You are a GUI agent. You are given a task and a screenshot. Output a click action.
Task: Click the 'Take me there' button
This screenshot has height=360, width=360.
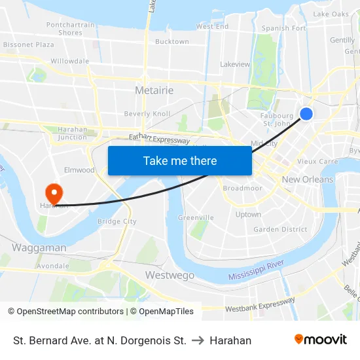click(x=180, y=160)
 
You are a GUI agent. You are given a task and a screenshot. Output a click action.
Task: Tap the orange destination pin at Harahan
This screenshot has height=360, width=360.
click(x=53, y=193)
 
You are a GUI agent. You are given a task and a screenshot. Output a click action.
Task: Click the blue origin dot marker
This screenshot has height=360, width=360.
click(x=306, y=114)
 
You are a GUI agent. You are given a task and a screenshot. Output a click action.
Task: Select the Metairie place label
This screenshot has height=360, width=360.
click(x=154, y=90)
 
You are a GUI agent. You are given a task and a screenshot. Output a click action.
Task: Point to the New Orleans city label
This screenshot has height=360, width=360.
click(x=307, y=179)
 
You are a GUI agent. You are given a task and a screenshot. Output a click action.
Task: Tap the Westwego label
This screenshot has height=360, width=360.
click(x=170, y=276)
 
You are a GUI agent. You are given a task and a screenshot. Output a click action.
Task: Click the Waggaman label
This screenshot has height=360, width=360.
click(x=39, y=248)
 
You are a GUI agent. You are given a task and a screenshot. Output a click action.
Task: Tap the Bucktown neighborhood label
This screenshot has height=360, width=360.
click(x=172, y=42)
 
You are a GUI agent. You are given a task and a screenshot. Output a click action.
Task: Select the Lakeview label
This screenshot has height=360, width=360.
click(x=235, y=65)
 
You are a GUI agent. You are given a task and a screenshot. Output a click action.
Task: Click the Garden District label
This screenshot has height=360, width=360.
click(x=280, y=230)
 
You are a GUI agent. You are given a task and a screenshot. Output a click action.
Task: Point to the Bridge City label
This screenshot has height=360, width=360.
click(x=117, y=222)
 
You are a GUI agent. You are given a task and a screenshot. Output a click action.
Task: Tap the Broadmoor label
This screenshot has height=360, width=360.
click(x=242, y=189)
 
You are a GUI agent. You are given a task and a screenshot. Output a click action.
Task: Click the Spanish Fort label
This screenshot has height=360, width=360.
click(x=283, y=29)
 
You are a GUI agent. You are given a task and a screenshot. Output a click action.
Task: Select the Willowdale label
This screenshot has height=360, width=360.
click(x=69, y=62)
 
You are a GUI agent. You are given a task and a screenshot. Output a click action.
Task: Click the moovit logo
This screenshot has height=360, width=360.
click(x=320, y=340)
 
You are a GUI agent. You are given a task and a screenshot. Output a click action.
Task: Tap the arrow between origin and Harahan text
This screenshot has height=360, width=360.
click(x=198, y=340)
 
